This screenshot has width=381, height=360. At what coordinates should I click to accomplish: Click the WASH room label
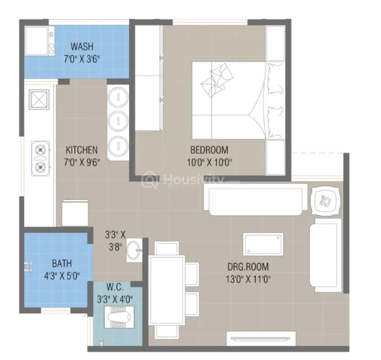pyautogui.click(x=82, y=46)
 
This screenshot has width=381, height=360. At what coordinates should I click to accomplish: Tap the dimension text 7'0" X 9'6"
pyautogui.click(x=82, y=162)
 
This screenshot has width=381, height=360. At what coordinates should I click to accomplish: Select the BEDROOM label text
pyautogui.click(x=209, y=150)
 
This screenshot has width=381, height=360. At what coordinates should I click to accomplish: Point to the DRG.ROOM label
pyautogui.click(x=248, y=267)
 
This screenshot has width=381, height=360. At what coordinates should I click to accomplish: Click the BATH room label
pyautogui.click(x=62, y=264)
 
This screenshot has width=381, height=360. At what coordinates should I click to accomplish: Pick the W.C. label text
pyautogui.click(x=115, y=287)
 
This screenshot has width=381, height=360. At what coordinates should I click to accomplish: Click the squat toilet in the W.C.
pyautogui.click(x=119, y=317)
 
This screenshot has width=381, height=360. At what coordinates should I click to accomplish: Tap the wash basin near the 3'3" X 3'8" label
pyautogui.click(x=134, y=250)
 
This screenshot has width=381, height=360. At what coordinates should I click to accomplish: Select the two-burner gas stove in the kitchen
pyautogui.click(x=40, y=158)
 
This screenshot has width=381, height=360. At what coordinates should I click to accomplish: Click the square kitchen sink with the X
pyautogui.click(x=39, y=99)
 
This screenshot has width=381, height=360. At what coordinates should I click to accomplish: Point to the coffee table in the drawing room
pyautogui.click(x=263, y=244)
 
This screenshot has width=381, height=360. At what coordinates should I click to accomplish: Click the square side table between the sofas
pyautogui.click(x=325, y=201)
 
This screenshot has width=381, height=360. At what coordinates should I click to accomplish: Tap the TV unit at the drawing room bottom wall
pyautogui.click(x=261, y=338)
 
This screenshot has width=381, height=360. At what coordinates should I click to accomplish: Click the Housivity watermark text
pyautogui.click(x=192, y=180)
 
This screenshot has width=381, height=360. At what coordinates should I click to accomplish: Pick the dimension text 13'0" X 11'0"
pyautogui.click(x=248, y=279)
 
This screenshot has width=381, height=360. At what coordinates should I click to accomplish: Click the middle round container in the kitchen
pyautogui.click(x=118, y=120)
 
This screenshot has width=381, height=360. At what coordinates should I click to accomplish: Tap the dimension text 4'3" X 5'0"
pyautogui.click(x=62, y=276)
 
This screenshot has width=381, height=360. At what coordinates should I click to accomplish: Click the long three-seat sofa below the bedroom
pyautogui.click(x=255, y=199)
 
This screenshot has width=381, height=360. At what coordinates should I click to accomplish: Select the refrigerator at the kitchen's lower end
pyautogui.click(x=75, y=213)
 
